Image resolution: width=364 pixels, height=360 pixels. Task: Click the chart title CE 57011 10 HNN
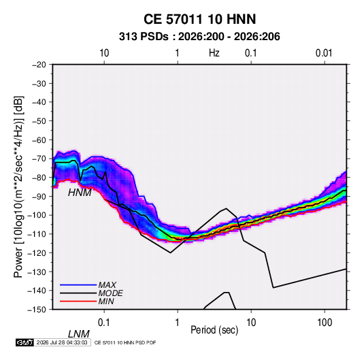click(x=199, y=19)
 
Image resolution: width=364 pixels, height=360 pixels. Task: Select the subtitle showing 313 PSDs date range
click(x=199, y=37)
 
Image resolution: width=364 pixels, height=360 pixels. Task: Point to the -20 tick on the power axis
click(x=39, y=65)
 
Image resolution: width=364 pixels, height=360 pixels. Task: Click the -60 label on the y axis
click(x=39, y=140)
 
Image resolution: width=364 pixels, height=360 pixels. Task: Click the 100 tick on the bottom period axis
click(x=325, y=323)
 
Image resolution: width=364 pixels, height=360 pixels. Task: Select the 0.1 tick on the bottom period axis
click(x=104, y=323)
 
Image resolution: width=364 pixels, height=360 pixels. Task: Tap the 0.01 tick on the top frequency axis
click(x=324, y=53)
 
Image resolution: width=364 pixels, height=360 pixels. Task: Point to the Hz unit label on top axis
click(x=214, y=53)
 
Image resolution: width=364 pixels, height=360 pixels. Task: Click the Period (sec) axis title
click(x=214, y=330)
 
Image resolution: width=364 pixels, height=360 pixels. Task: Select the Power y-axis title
click(x=18, y=187)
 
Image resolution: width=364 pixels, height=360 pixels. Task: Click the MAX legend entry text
click(x=107, y=285)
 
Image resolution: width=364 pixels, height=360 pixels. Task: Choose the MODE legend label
click(x=110, y=293)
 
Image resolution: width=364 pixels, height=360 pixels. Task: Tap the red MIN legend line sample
click(x=78, y=301)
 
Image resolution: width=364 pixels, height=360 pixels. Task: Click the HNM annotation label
click(x=80, y=193)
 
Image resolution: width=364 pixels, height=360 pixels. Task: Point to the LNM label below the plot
click(x=78, y=334)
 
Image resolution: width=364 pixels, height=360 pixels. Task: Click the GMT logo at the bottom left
click(x=24, y=342)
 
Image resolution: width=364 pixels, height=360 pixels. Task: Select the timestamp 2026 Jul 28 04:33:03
click(x=62, y=342)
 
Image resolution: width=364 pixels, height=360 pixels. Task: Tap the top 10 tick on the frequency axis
click(x=104, y=53)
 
